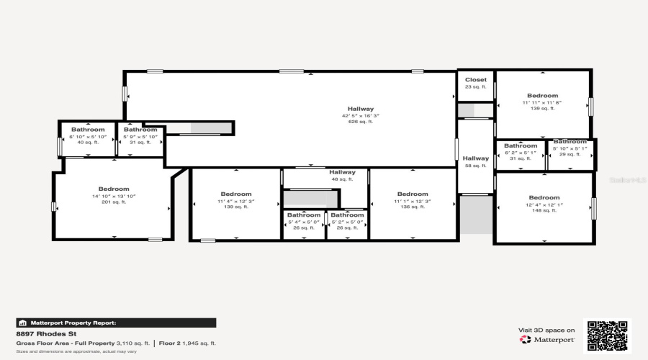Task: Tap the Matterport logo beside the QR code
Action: (x=548, y=339)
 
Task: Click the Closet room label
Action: (x=475, y=80)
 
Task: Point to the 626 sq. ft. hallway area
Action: (x=360, y=122)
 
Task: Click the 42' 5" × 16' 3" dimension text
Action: (x=360, y=115)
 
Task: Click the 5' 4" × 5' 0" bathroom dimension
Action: (x=304, y=222)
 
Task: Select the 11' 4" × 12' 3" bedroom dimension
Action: (x=235, y=200)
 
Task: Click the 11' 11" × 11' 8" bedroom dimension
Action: (x=542, y=102)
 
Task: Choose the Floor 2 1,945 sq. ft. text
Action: (x=187, y=343)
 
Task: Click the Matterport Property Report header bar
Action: (x=116, y=323)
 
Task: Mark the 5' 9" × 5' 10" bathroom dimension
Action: (x=140, y=136)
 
